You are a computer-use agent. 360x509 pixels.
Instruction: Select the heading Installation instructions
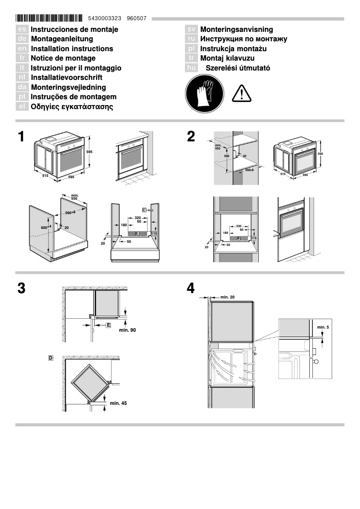click(72, 48)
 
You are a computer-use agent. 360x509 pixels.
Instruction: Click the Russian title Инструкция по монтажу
click(243, 39)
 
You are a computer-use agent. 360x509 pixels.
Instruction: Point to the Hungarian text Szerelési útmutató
click(237, 68)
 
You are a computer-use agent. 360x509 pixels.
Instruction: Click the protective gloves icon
click(204, 93)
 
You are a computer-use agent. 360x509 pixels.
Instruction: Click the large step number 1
click(22, 136)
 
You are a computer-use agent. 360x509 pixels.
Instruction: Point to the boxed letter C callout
click(144, 210)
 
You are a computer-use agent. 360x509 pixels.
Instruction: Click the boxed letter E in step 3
click(108, 325)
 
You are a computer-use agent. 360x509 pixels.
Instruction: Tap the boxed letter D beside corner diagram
click(51, 358)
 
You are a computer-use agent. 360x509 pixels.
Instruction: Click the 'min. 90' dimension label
click(127, 330)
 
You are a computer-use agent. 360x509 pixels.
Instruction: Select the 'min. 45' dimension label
click(119, 404)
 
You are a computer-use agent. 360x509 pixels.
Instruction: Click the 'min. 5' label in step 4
click(323, 327)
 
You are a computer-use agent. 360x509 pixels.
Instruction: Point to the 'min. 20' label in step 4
click(228, 297)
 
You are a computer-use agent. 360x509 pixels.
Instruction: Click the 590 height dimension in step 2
click(227, 156)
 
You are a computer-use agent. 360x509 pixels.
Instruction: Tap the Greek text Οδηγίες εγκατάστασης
click(72, 107)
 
